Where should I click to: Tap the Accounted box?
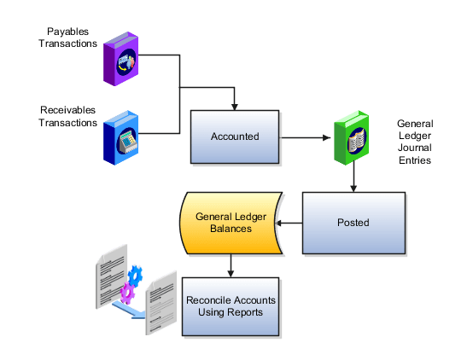coord(235,136)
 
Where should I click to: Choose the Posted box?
coord(353,223)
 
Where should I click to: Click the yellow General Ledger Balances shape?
coord(231,224)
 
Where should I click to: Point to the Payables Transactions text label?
coord(67,38)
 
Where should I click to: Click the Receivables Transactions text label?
coord(68,115)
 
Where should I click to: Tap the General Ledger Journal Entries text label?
coord(415,142)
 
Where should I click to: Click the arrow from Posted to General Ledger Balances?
coord(289,224)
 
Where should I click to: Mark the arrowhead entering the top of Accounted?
coord(235,105)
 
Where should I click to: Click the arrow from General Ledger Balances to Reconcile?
coord(231,266)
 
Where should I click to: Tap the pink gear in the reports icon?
coord(127,292)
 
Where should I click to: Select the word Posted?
coord(353,223)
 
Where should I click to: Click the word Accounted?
coord(235,136)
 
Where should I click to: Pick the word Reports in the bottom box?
coord(244,312)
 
